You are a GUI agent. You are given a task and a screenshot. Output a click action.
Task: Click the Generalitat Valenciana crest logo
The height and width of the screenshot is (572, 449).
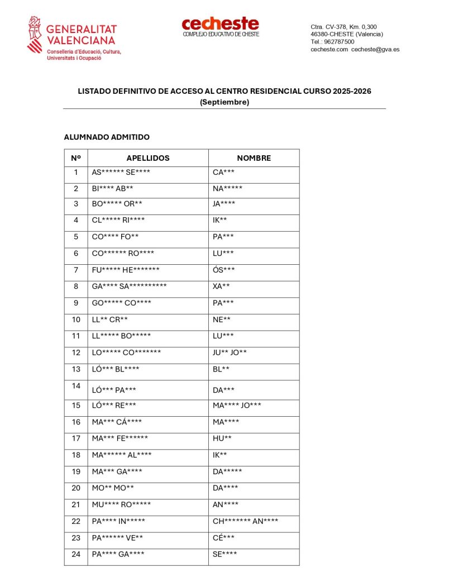[x=35, y=35]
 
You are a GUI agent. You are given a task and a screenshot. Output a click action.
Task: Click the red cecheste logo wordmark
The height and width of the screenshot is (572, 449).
[x=220, y=23]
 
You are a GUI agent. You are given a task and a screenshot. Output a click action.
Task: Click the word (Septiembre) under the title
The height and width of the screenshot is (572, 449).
[x=224, y=102]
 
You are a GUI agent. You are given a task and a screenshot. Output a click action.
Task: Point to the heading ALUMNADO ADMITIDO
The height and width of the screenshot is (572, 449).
[x=107, y=137]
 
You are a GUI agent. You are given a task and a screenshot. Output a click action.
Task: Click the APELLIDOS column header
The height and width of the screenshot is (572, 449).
[x=148, y=158]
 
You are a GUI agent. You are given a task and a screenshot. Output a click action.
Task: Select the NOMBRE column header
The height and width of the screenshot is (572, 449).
[x=254, y=158]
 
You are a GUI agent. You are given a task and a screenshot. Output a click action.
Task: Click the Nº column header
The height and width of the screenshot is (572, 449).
[x=76, y=158]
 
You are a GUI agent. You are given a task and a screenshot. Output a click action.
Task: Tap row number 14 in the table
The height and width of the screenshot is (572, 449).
[x=76, y=385]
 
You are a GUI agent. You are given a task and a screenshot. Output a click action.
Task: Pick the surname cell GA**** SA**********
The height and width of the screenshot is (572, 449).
[x=129, y=287]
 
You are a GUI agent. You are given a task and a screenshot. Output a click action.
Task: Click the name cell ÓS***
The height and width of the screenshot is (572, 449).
[x=223, y=270]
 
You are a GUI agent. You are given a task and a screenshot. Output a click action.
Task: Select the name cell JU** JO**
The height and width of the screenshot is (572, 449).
[x=230, y=352]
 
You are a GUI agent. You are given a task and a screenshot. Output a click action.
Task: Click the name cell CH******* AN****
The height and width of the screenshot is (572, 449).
[x=245, y=521]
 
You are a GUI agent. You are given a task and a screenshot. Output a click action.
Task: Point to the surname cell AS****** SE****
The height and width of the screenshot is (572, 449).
[x=121, y=172]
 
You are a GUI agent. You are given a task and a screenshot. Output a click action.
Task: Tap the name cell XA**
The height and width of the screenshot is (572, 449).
[x=221, y=287]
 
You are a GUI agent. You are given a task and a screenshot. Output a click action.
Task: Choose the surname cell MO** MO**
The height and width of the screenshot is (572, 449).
[x=113, y=488]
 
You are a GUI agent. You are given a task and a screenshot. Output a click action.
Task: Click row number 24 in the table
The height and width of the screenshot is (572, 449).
[x=76, y=554]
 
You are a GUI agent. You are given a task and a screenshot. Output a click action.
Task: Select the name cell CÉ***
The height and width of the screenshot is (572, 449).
[x=223, y=538]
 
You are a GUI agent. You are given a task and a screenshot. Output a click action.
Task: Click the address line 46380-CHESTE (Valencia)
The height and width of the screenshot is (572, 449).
[x=347, y=34]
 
